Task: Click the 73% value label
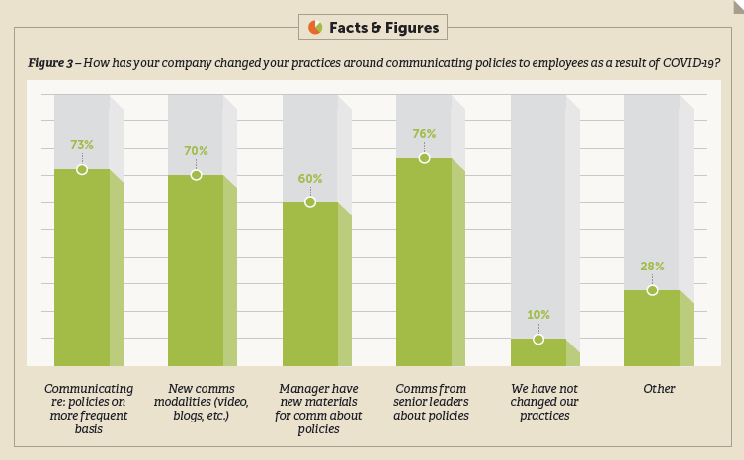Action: (82, 144)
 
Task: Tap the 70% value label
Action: (196, 151)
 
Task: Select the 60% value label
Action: (310, 179)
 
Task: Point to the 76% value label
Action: (424, 134)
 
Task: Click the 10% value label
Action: (538, 315)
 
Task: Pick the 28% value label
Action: (652, 267)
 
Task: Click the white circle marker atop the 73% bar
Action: (82, 169)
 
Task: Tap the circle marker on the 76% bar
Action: (424, 158)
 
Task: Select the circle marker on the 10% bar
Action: (538, 339)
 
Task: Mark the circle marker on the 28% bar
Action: (652, 290)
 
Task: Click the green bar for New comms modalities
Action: (196, 271)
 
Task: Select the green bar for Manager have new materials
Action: (310, 285)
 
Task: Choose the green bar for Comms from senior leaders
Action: (424, 263)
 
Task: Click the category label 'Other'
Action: (659, 389)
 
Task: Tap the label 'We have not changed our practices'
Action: (544, 402)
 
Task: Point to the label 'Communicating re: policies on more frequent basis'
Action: (89, 409)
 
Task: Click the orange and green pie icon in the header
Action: (315, 27)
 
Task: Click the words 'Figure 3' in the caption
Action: (52, 62)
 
